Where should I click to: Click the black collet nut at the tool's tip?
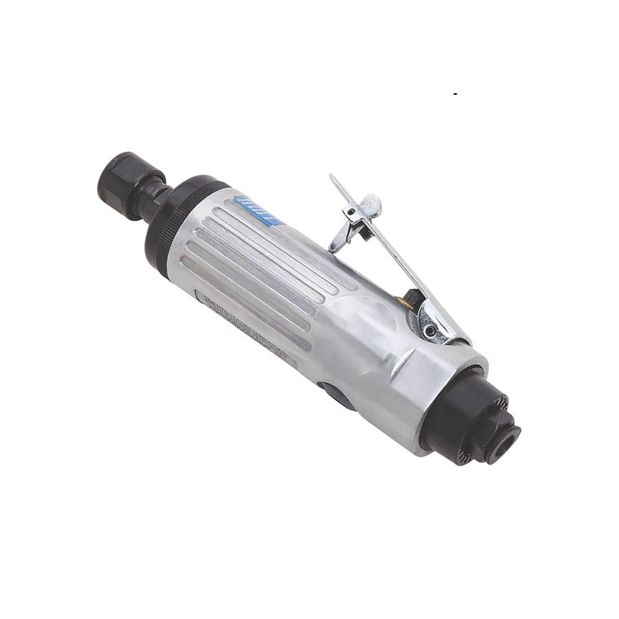[x=125, y=175]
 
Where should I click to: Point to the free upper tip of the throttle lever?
[x=332, y=177]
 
